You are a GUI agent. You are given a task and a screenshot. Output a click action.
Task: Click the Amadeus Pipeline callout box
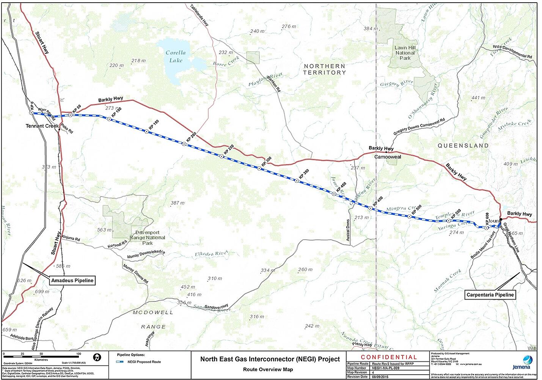point(72,281)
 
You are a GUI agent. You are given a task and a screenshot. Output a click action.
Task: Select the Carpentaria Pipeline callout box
point(490,295)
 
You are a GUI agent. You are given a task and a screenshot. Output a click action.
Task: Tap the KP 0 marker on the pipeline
point(31,113)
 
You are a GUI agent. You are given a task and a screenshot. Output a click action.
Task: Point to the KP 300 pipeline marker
point(259,168)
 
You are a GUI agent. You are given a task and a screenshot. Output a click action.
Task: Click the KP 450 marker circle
point(371,208)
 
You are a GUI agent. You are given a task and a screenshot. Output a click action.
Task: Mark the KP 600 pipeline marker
point(486,228)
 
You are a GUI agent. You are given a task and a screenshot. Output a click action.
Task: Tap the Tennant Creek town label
point(42,126)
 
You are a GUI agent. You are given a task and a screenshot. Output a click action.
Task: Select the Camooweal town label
point(388,157)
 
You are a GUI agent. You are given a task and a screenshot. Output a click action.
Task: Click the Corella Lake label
point(176,57)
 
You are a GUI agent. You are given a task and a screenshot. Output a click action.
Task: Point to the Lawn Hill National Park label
point(405,53)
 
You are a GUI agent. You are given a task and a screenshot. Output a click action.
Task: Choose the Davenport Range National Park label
point(148,238)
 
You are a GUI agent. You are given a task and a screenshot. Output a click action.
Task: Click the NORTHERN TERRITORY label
point(324,69)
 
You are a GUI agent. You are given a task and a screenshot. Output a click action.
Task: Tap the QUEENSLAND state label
point(463,146)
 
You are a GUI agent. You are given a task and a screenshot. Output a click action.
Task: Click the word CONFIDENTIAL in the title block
point(389,357)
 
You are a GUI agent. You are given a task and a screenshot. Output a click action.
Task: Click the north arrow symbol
point(97,357)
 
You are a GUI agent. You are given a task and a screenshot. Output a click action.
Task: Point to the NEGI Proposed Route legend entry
point(144,362)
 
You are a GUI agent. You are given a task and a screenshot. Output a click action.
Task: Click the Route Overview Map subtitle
point(268,369)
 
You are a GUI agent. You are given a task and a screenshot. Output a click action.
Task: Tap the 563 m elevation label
point(104,230)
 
